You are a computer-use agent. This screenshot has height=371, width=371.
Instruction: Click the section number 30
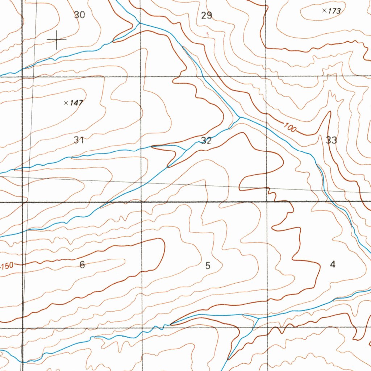coord(79,15)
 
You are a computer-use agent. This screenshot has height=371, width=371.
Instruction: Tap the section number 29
coord(207,16)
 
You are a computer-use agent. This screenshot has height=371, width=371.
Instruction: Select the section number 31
coord(79,140)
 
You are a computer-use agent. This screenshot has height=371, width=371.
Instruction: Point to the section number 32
coord(206,141)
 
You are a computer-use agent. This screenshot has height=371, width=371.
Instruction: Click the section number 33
coord(331,140)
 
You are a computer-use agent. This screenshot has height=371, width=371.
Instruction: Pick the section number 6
coord(82,265)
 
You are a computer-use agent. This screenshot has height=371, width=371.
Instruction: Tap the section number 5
coord(208,266)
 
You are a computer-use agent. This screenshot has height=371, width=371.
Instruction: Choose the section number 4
coord(333,264)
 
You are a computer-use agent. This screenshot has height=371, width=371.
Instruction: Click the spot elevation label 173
coord(334,11)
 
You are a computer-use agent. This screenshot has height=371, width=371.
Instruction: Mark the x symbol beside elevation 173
coord(324,11)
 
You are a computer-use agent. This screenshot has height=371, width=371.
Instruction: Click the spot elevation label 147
coord(76,103)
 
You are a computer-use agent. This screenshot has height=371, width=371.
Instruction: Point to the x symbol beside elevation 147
coord(66,103)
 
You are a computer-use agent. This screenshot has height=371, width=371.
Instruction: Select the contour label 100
coord(290,128)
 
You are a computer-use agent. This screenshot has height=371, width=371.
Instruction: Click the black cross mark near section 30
coord(57,39)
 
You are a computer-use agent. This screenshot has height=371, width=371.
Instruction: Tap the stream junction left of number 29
coord(139,23)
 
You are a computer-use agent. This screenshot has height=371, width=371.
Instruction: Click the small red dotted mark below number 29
coord(208,34)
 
